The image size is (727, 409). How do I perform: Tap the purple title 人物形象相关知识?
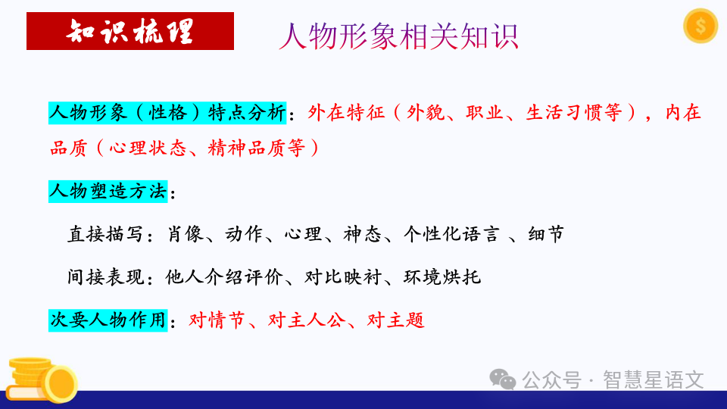(x=398, y=36)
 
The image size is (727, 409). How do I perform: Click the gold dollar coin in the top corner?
(x=700, y=27)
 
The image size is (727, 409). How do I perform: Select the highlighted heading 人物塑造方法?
(x=108, y=192)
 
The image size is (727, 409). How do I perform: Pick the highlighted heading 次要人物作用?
(x=108, y=320)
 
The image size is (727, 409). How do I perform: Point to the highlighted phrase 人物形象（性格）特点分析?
(x=167, y=113)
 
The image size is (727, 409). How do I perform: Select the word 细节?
(x=547, y=235)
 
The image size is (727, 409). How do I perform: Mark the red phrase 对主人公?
(x=308, y=320)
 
